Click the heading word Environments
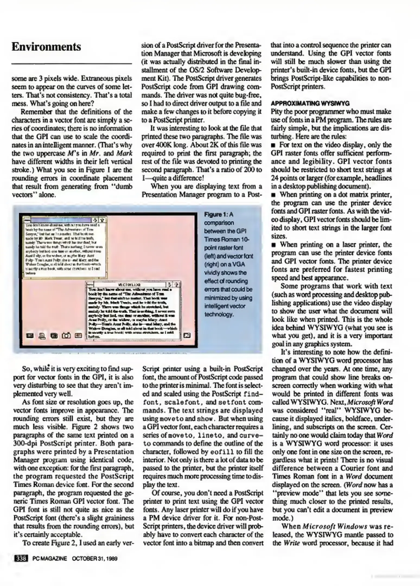(x=46, y=47)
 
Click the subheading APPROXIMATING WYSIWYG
(x=310, y=103)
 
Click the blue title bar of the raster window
(x=62, y=220)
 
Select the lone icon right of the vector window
(x=187, y=336)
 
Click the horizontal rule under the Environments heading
(x=72, y=64)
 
